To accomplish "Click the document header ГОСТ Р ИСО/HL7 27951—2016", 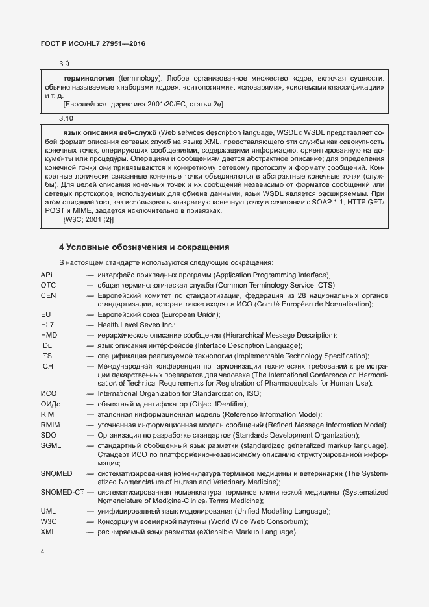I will tap(93, 43).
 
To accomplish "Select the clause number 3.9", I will tap(64, 64).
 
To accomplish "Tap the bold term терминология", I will tap(89, 77).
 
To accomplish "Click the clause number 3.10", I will tap(66, 119).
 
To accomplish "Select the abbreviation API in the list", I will tap(46, 275).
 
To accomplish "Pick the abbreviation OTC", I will tap(48, 285).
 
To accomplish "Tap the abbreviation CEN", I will tap(48, 295).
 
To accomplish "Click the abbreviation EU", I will tap(45, 315).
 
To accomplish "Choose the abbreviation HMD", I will tap(49, 335).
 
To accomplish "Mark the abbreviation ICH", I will tap(46, 365).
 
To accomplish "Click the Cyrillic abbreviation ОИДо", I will tap(51, 404).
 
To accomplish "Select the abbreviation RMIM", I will tap(50, 425).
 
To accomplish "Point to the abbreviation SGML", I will tap(51, 445).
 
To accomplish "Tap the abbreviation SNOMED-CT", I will tap(62, 493).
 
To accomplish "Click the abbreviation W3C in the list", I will tap(49, 522).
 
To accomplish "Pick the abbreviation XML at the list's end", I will tap(48, 532).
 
